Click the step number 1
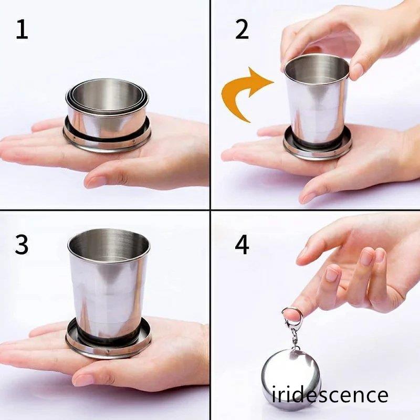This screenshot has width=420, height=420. coord(22,30)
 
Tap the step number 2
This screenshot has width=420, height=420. coord(242,30)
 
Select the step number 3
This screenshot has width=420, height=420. coord(22,244)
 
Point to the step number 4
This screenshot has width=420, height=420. coord(242,244)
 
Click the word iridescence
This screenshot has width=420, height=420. coord(330,395)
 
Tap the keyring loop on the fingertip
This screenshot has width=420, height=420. coord(292,314)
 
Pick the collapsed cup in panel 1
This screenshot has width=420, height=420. coord(107,115)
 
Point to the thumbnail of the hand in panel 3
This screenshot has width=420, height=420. coord(82,379)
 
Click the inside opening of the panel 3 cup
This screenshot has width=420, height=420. coord(109,245)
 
